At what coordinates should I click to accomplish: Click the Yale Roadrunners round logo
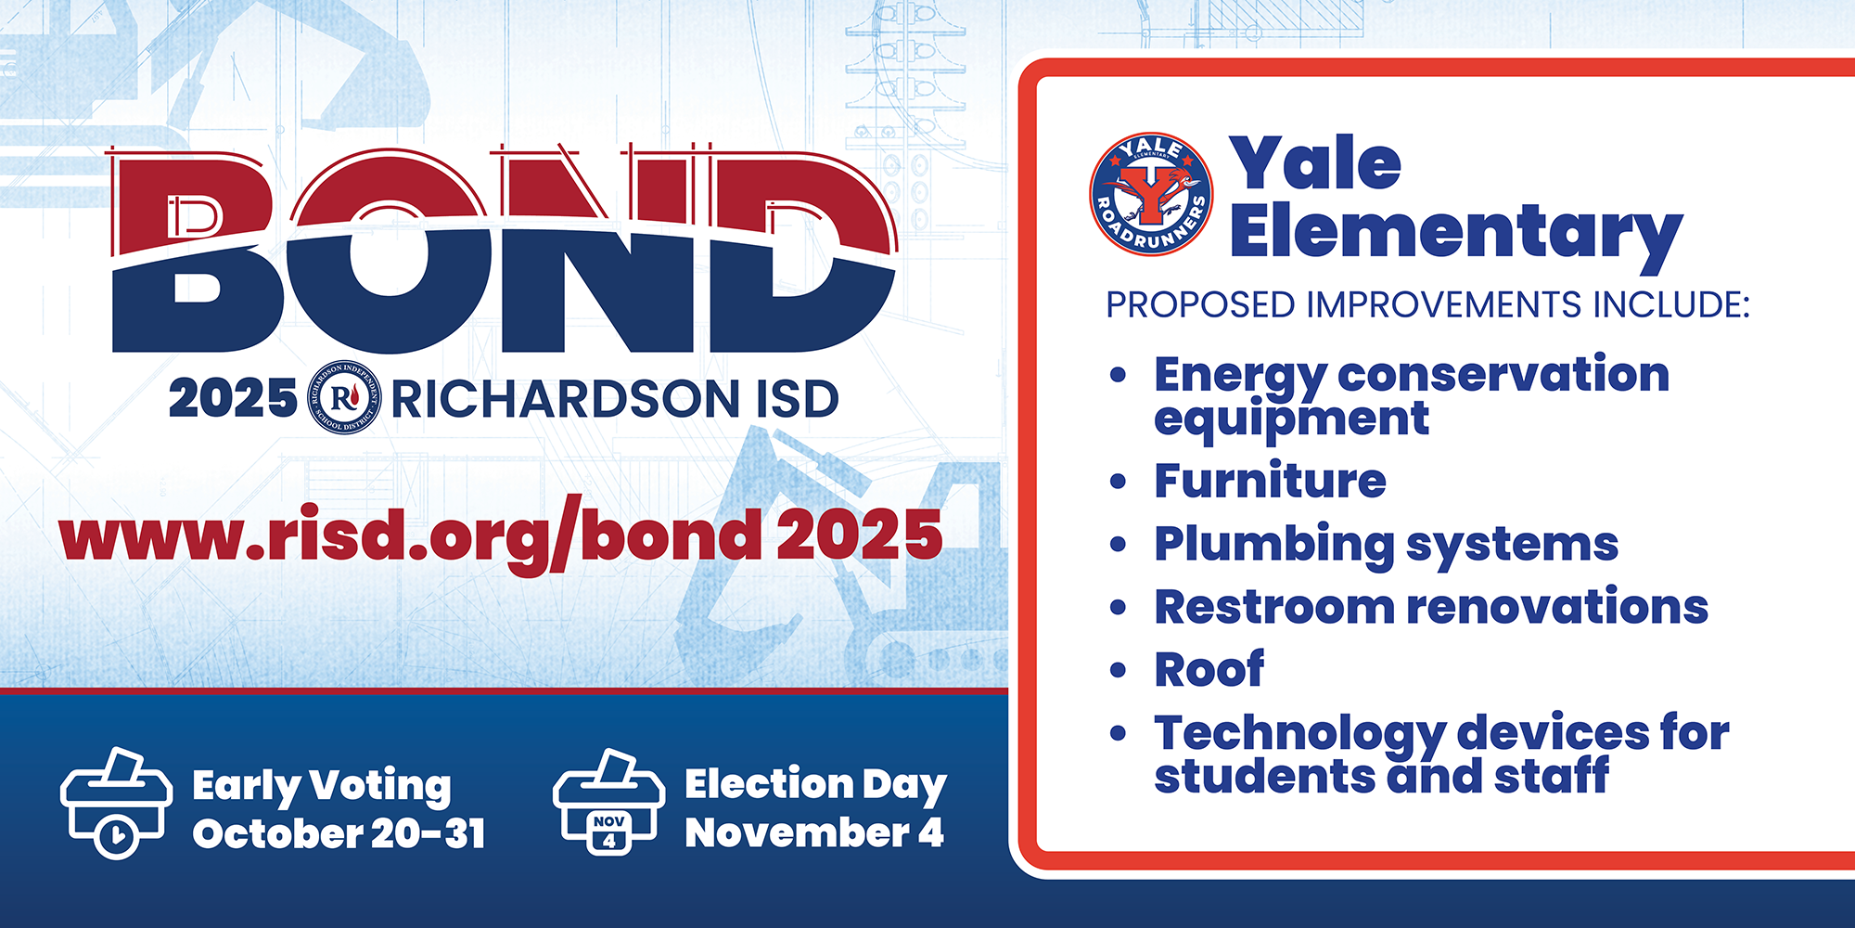(x=1151, y=194)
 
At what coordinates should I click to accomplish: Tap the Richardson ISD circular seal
(x=344, y=397)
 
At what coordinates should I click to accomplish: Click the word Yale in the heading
(x=1315, y=163)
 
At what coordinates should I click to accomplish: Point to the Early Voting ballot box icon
(x=116, y=803)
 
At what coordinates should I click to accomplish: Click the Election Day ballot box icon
(x=608, y=802)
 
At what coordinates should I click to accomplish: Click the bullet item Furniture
(x=1270, y=481)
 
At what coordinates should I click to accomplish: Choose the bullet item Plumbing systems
(x=1387, y=545)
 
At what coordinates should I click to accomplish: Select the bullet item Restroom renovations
(x=1431, y=607)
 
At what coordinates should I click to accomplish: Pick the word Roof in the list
(x=1209, y=669)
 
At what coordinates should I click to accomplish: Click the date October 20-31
(x=339, y=833)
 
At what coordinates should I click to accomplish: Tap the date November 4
(x=814, y=832)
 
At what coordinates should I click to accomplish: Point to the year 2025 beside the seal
(x=233, y=399)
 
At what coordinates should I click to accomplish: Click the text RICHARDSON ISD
(x=615, y=399)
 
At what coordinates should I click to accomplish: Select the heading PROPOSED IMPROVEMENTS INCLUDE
(x=1427, y=305)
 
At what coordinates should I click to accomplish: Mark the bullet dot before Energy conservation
(x=1118, y=376)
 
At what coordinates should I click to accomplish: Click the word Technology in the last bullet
(x=1299, y=734)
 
